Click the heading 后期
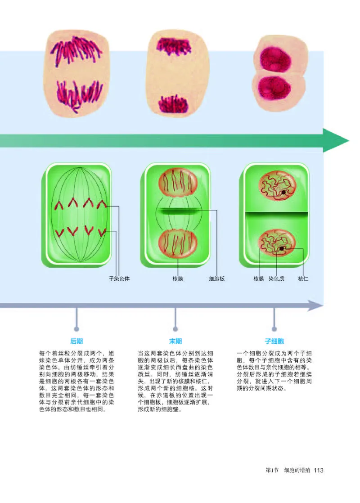(76, 341)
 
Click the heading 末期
(175, 341)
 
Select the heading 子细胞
(274, 341)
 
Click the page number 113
(319, 470)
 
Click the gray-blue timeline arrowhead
(316, 306)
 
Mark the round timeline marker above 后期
(76, 328)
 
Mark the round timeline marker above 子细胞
(274, 328)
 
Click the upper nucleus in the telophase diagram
(177, 184)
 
